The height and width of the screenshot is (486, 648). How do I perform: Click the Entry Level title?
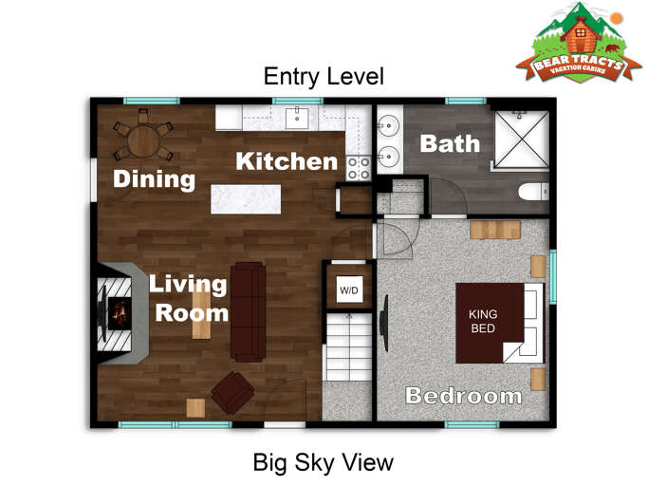pos(324,76)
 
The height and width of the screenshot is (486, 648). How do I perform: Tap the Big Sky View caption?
pos(323,462)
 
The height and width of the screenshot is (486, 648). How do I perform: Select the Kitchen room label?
pos(286,161)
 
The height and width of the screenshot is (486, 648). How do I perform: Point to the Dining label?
pos(154,178)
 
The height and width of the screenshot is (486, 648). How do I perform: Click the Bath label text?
pos(450,144)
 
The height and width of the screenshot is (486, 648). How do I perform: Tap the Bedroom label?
pos(463,395)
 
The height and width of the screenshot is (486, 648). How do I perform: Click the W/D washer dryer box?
pos(349,290)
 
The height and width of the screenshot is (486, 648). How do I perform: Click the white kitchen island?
pos(246,198)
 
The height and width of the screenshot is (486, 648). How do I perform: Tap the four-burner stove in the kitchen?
pos(358,168)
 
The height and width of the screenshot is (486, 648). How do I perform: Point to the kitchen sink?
pos(297,117)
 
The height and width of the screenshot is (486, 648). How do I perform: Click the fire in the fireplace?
pos(119,312)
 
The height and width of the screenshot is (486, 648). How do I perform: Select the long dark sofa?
pos(249,310)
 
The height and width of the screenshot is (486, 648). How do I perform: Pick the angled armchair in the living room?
pos(232,391)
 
